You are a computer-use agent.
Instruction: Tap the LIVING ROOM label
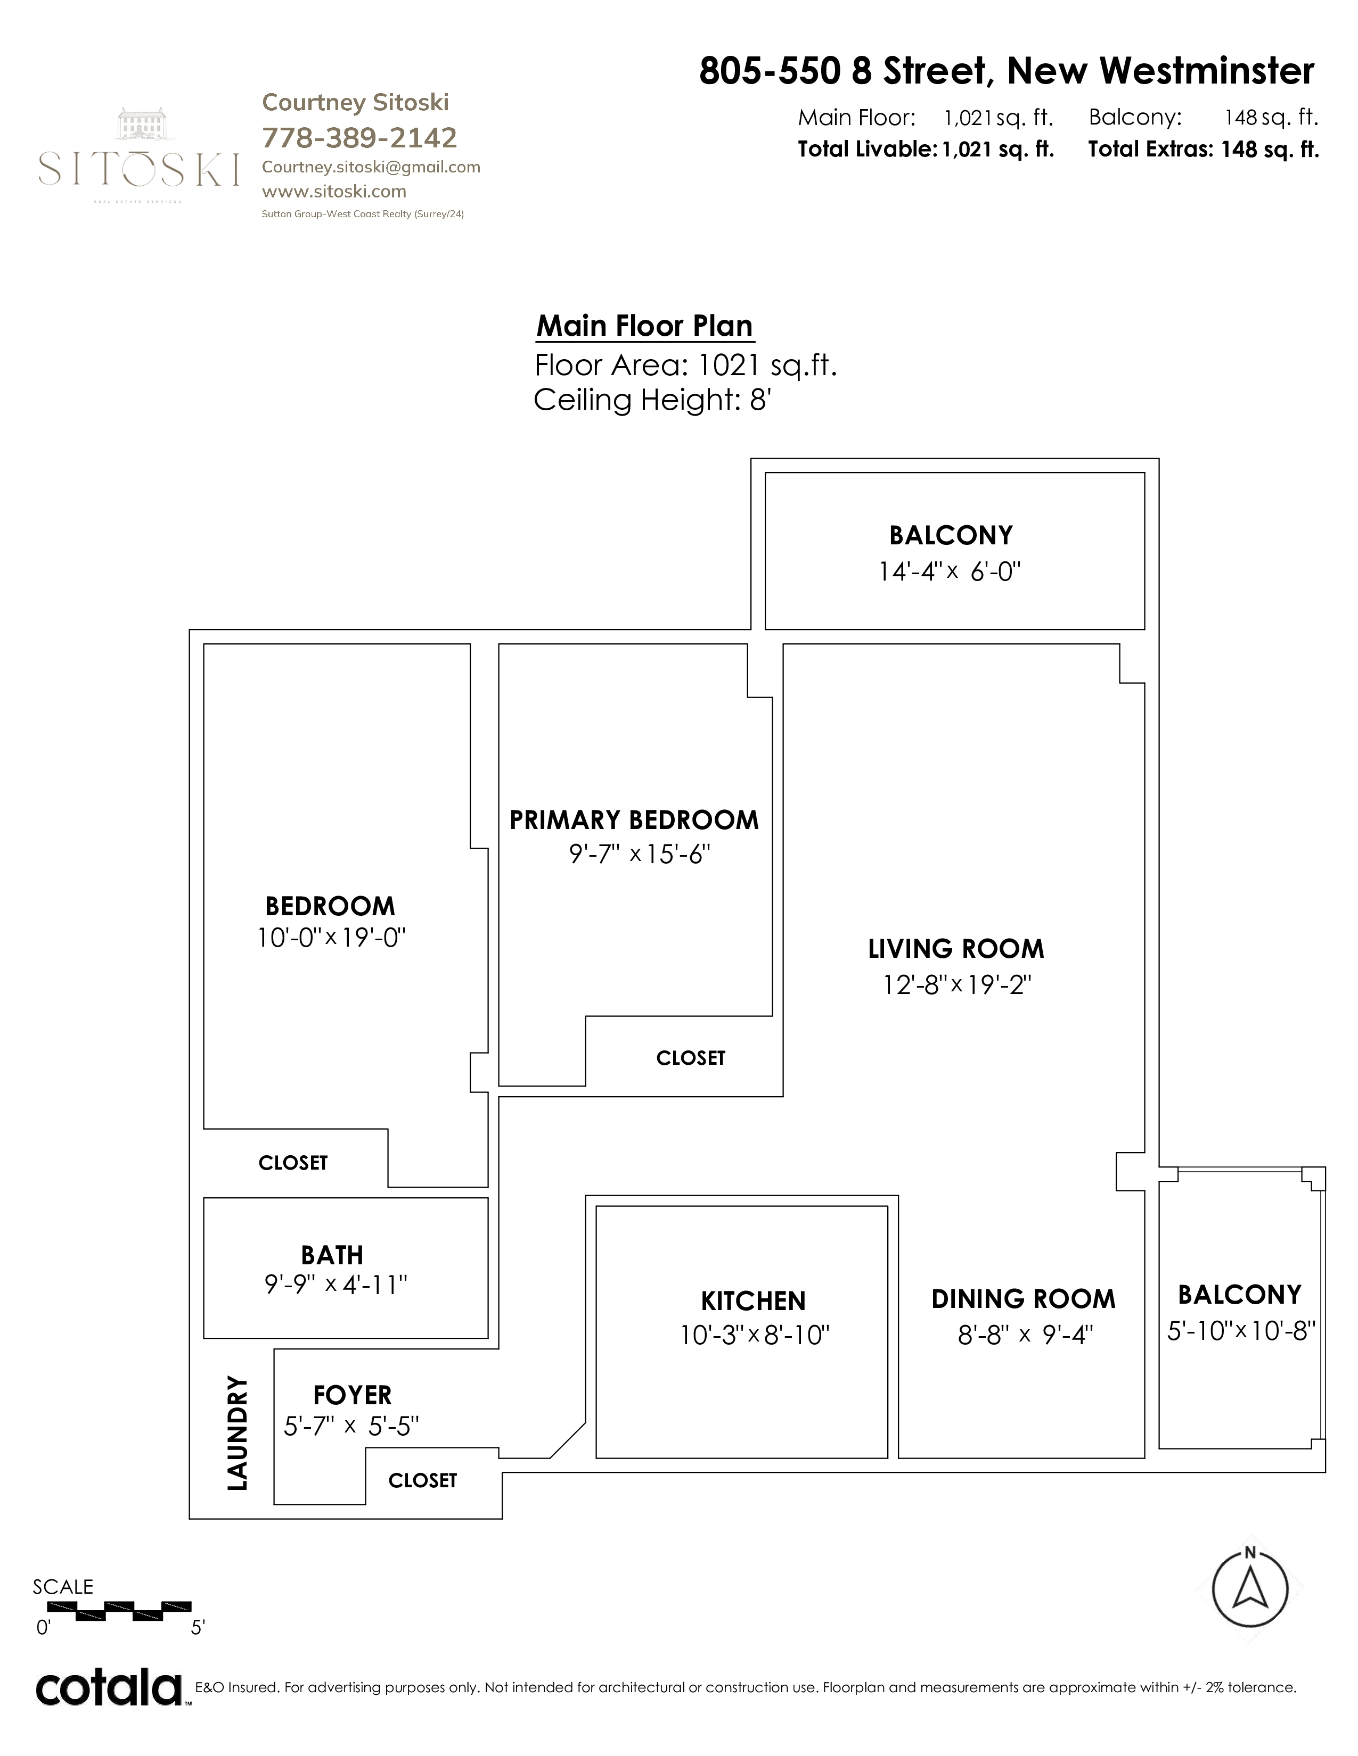[x=956, y=949]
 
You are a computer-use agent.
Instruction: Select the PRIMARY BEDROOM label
[x=634, y=820]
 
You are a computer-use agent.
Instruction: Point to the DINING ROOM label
[x=1024, y=1299]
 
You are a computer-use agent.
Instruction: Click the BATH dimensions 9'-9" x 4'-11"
[x=336, y=1285]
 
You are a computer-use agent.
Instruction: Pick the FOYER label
[x=353, y=1395]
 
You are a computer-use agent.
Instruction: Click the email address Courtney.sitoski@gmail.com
[x=371, y=167]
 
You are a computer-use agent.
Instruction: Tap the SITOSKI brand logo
[x=138, y=154]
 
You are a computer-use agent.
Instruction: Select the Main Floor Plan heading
[x=644, y=326]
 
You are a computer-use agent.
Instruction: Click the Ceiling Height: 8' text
[x=652, y=400]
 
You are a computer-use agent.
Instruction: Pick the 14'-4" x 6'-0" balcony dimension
[x=950, y=571]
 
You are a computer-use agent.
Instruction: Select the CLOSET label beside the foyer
[x=422, y=1480]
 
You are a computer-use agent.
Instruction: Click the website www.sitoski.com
[x=334, y=192]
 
